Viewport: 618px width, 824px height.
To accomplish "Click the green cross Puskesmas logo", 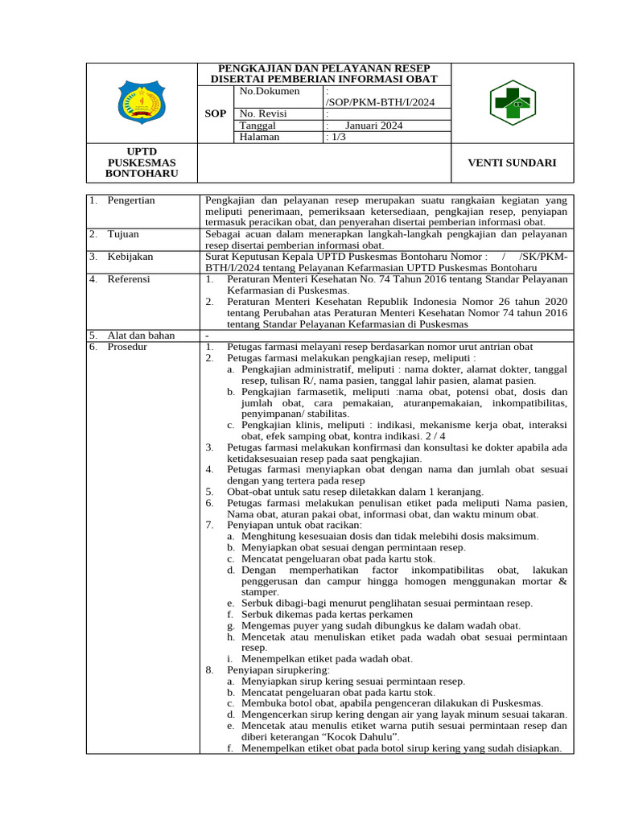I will pyautogui.click(x=513, y=103).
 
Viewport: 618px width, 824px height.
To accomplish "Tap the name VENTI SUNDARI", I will pyautogui.click(x=513, y=163).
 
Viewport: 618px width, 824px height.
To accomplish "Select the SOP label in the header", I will pyautogui.click(x=216, y=113).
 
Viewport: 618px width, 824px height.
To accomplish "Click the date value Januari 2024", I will pyautogui.click(x=374, y=126).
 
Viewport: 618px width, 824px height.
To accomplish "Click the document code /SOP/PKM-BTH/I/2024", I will pyautogui.click(x=379, y=102).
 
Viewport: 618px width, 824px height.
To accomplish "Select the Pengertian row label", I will pyautogui.click(x=131, y=200).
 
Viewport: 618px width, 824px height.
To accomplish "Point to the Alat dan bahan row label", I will pyautogui.click(x=141, y=335).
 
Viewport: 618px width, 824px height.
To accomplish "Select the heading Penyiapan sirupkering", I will pyautogui.click(x=279, y=669).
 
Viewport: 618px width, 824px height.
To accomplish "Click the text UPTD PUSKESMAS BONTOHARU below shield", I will pyautogui.click(x=142, y=163).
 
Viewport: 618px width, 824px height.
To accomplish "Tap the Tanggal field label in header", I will pyautogui.click(x=258, y=126).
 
